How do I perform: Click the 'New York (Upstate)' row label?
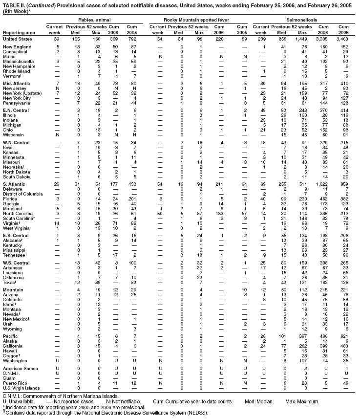click(22, 93)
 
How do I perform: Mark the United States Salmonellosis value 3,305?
click(328, 38)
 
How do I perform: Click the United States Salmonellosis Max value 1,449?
click(306, 38)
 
